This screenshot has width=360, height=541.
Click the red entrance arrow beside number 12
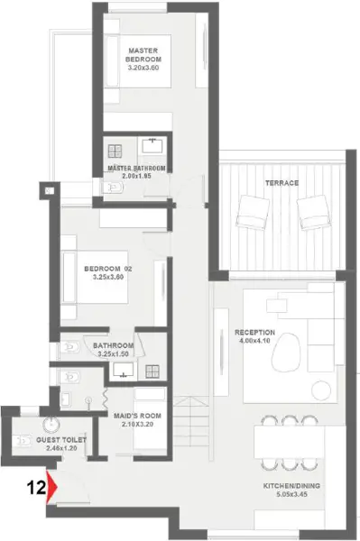pyautogui.click(x=51, y=486)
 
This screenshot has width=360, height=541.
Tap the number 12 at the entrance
pyautogui.click(x=36, y=488)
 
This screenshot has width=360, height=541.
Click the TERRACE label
pyautogui.click(x=282, y=183)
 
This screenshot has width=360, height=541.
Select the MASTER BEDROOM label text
pyautogui.click(x=143, y=55)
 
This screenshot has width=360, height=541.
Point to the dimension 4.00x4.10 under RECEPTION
pyautogui.click(x=254, y=341)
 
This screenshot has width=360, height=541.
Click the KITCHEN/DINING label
pyautogui.click(x=291, y=486)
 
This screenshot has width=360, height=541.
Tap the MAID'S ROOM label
pyautogui.click(x=137, y=416)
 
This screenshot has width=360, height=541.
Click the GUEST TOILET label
pyautogui.click(x=61, y=440)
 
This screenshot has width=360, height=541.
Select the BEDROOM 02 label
pyautogui.click(x=108, y=269)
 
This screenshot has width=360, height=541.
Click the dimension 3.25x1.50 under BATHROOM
pyautogui.click(x=113, y=354)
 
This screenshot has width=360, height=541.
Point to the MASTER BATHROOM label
pyautogui.click(x=136, y=169)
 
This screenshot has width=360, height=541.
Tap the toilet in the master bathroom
pyautogui.click(x=113, y=188)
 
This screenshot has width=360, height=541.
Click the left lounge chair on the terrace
pyautogui.click(x=253, y=213)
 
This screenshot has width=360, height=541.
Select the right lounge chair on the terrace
pyautogui.click(x=314, y=212)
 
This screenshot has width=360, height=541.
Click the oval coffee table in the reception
pyautogui.click(x=286, y=352)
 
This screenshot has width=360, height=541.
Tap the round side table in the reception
pyautogui.click(x=321, y=390)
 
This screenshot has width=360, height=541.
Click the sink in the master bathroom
pyautogui.click(x=152, y=145)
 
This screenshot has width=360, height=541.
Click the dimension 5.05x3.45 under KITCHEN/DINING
pyautogui.click(x=291, y=494)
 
